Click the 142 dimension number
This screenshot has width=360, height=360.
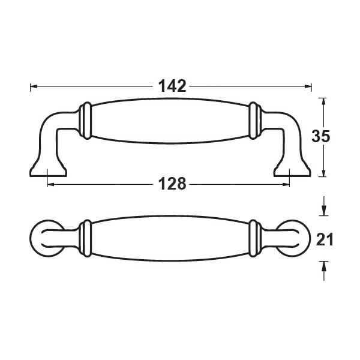pyautogui.click(x=172, y=86)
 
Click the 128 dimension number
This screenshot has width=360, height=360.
pyautogui.click(x=172, y=184)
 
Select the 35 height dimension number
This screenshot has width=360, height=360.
pyautogui.click(x=321, y=136)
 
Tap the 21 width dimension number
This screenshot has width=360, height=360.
pyautogui.click(x=325, y=239)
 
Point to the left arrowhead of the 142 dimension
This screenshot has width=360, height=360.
pyautogui.click(x=34, y=86)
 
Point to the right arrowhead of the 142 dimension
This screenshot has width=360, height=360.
pyautogui.click(x=308, y=86)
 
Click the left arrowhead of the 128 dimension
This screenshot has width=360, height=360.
pyautogui.click(x=51, y=184)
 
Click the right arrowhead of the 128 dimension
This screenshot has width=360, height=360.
pyautogui.click(x=286, y=184)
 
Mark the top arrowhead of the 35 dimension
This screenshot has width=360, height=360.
pyautogui.click(x=323, y=102)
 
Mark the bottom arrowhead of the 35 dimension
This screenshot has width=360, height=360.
pyautogui.click(x=323, y=173)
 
